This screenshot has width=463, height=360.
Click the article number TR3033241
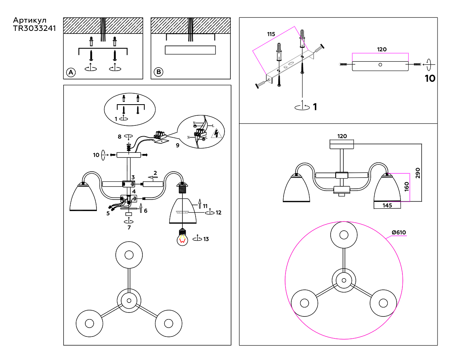[x=34, y=28]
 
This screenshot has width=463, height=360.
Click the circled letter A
[x=71, y=73]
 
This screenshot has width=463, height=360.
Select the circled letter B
[x=159, y=72]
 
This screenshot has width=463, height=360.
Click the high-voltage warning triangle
[x=216, y=134]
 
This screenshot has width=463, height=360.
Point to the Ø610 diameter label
[x=399, y=232]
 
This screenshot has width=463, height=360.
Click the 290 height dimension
[x=418, y=173]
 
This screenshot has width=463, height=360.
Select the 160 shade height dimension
[x=407, y=187]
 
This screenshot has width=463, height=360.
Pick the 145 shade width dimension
[x=387, y=206]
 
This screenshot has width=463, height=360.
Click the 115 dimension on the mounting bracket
[x=271, y=34]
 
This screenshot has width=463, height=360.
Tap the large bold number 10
[x=430, y=78]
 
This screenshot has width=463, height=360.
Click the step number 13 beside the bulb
[x=206, y=239]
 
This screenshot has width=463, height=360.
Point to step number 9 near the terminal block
[x=177, y=145]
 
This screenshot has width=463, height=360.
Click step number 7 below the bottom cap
[x=129, y=228]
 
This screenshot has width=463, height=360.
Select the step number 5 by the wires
[x=108, y=213]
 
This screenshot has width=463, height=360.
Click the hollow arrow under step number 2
[x=153, y=177]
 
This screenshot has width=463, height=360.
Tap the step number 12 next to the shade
[x=218, y=213]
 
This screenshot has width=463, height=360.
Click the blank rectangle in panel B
[x=190, y=50]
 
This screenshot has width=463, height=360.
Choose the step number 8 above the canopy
[x=120, y=137]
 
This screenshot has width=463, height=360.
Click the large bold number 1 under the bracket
[x=315, y=107]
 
